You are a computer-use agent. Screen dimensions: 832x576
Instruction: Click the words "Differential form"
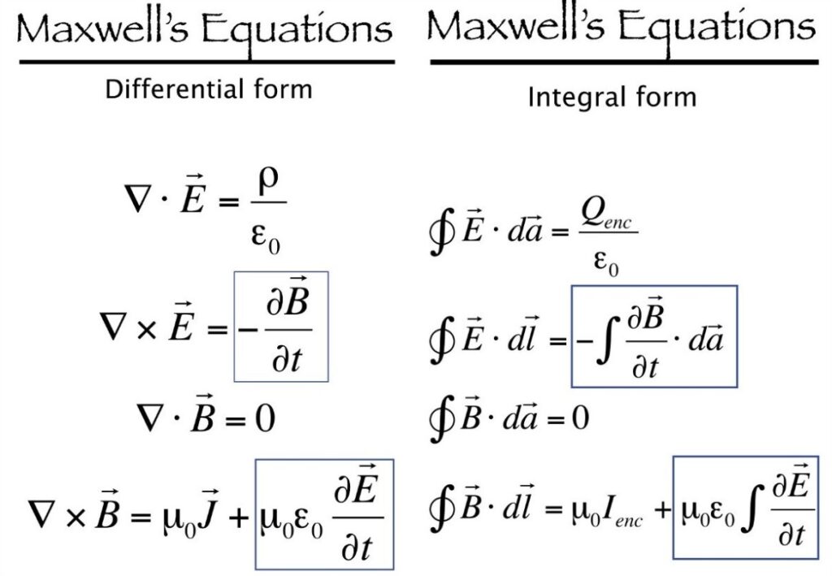pos(209,89)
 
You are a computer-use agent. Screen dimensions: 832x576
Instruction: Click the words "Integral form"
pos(612,97)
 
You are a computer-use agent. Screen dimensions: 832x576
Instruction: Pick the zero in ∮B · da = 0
pos(580,418)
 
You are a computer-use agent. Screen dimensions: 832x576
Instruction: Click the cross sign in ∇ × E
pos(146,330)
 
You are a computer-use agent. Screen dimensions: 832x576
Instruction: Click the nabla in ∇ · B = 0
pos(150,418)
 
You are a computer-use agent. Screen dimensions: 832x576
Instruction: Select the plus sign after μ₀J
pos(238,516)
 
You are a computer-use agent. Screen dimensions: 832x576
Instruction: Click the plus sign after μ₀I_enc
pos(663,509)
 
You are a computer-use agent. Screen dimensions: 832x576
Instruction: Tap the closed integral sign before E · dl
pos(441,340)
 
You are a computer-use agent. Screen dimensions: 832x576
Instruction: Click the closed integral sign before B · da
pos(441,418)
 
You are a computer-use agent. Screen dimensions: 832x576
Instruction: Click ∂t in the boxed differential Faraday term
pos(287,358)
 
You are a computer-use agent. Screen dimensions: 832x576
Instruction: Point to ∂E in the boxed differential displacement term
pos(356,485)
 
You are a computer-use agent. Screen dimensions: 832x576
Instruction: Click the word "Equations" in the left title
pos(297,30)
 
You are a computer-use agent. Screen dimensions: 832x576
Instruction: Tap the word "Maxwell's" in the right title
pos(514,25)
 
